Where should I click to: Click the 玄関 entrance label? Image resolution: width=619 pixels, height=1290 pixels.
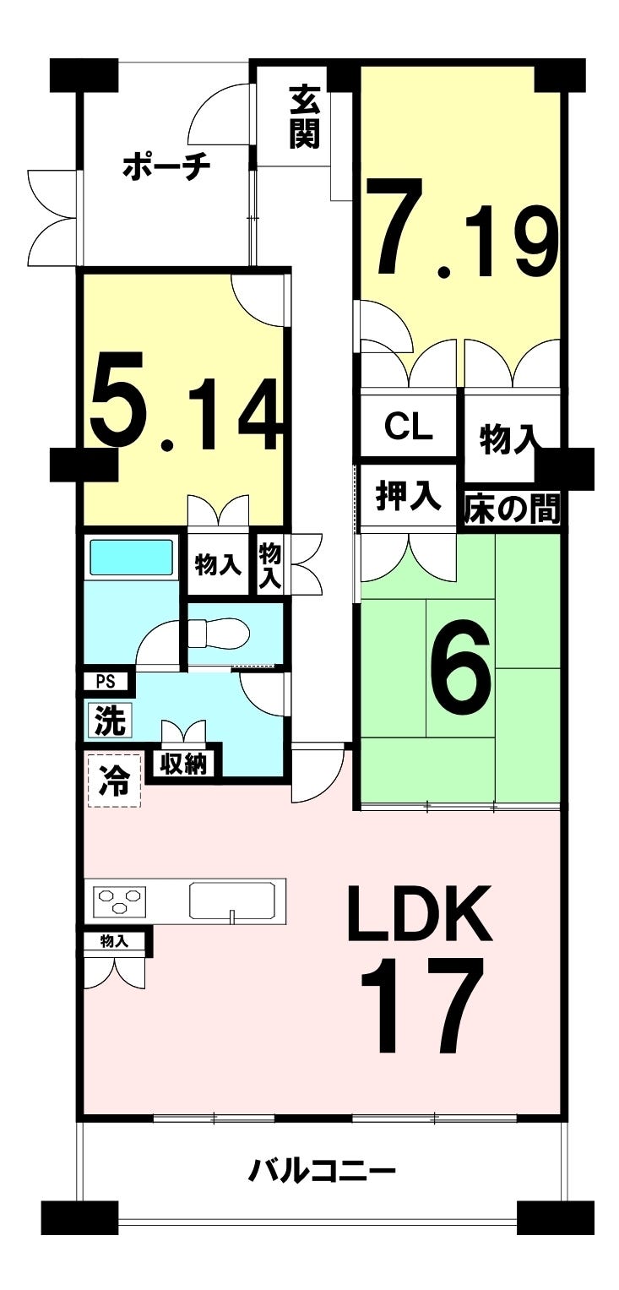click(x=305, y=117)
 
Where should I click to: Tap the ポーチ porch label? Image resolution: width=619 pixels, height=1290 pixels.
click(x=166, y=167)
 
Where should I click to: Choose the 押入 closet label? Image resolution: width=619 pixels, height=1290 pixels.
click(x=408, y=498)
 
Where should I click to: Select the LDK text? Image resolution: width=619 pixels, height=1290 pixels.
click(x=420, y=914)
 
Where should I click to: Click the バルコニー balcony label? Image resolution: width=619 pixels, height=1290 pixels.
click(x=322, y=1171)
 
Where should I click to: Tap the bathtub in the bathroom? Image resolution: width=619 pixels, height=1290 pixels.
click(x=130, y=558)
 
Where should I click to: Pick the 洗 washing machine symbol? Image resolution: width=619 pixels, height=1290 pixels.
click(x=109, y=721)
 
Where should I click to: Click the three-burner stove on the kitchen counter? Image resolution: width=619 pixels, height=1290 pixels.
click(x=119, y=901)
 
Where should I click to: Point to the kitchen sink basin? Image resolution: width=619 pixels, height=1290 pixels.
click(x=232, y=899)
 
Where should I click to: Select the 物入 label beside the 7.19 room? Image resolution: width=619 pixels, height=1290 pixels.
click(x=508, y=438)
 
